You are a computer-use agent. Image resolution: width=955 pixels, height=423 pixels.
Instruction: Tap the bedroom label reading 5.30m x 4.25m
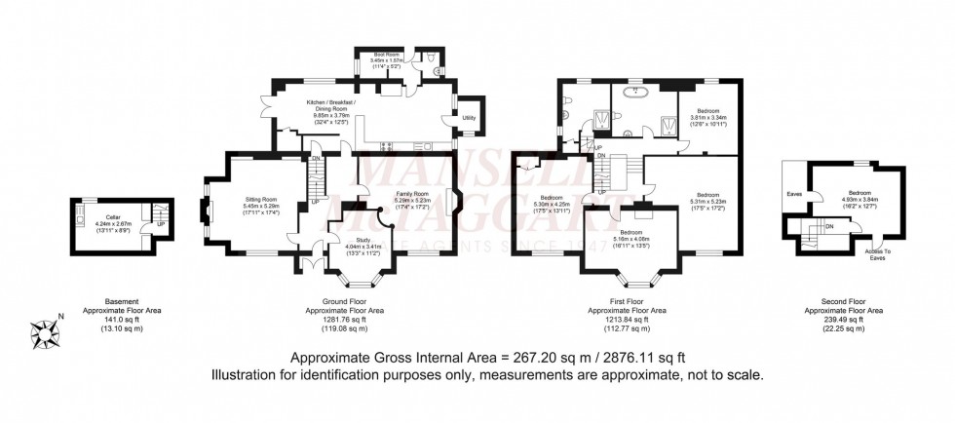click(x=552, y=204)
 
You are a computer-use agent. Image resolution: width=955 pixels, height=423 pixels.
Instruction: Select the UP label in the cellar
click(x=147, y=223)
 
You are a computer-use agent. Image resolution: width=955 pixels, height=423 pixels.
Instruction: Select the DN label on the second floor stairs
click(x=828, y=227)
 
